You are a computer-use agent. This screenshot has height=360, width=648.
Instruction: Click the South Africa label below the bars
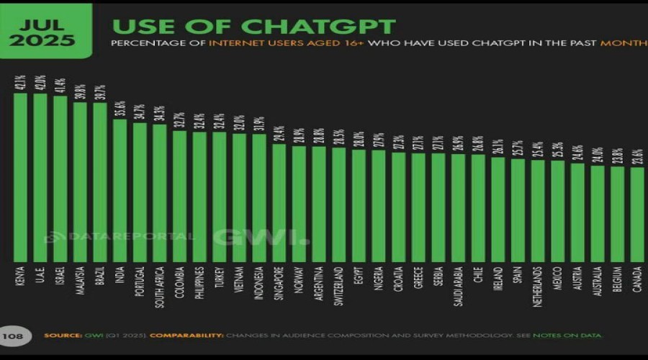tap(160, 287)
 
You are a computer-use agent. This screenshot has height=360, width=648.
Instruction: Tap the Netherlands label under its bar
tap(538, 287)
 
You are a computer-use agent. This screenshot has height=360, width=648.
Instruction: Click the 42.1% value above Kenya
tap(20, 83)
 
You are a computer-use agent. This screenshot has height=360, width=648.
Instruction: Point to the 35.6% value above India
tap(120, 109)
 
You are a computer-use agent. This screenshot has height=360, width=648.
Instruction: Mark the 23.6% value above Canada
tap(636, 158)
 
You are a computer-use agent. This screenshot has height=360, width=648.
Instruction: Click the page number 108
tap(13, 336)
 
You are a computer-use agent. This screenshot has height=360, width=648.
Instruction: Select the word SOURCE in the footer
tap(60, 336)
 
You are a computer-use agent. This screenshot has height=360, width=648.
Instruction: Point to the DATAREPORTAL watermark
tap(122, 236)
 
